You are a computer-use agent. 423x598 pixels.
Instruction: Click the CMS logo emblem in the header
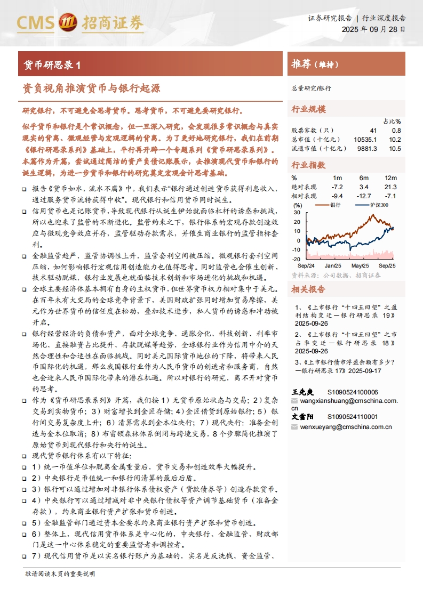[x=68, y=22]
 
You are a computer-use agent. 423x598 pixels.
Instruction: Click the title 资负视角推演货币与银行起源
[x=91, y=88]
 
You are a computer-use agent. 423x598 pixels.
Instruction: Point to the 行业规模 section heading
[x=308, y=109]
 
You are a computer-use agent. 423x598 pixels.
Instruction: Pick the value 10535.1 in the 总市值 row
[x=365, y=139]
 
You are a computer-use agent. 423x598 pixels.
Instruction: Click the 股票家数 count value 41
[x=372, y=130]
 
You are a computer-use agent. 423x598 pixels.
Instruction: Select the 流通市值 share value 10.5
[x=395, y=149]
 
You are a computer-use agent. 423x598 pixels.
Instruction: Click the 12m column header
[x=390, y=177]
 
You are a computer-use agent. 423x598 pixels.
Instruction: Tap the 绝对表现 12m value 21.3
[x=390, y=187]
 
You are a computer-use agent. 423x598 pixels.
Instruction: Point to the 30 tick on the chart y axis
[x=297, y=213]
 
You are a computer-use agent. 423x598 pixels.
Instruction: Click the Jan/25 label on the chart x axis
[x=333, y=265]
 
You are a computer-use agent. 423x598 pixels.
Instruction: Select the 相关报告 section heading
[x=308, y=289]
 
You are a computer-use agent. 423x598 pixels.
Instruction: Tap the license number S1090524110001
[x=352, y=417]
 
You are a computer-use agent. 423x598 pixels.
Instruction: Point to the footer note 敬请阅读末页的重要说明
[x=60, y=574]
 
